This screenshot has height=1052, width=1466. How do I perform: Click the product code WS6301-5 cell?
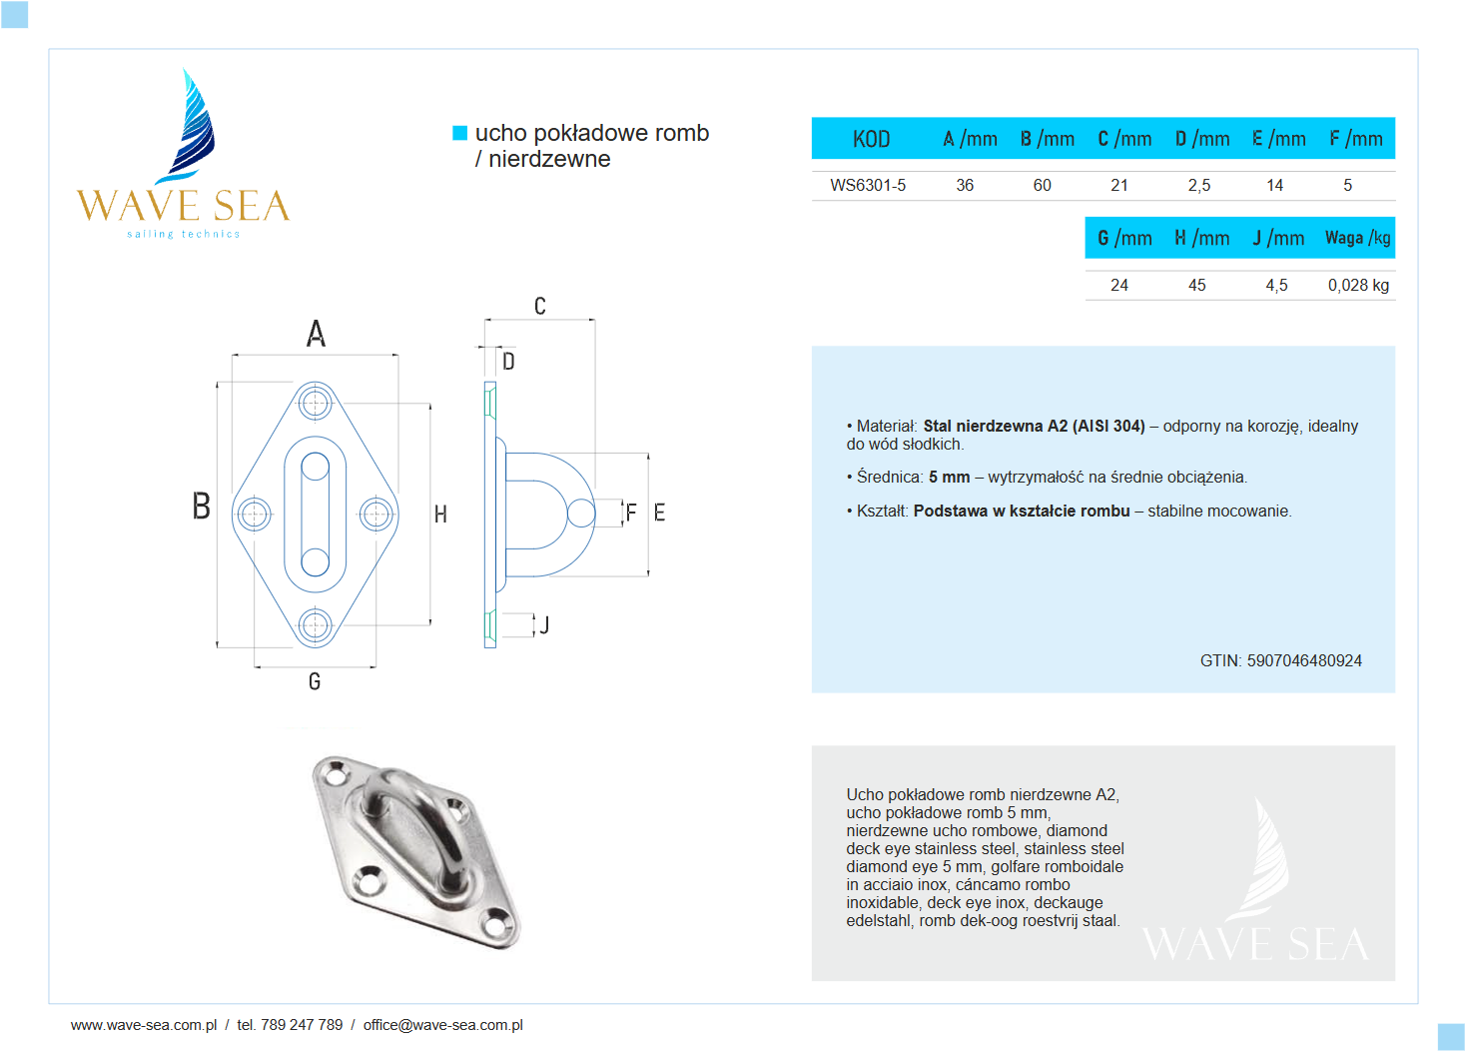[868, 185]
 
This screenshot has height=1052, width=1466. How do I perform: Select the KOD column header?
[871, 139]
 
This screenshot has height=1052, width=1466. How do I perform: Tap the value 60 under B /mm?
[1042, 185]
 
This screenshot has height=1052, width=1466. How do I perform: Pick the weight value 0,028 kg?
[1358, 285]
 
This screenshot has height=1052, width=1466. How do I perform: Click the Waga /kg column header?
[1357, 238]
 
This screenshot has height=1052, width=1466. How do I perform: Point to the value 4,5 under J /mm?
[1276, 285]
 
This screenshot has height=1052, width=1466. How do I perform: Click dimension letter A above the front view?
[316, 333]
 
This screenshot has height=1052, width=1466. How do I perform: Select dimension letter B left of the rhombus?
[202, 506]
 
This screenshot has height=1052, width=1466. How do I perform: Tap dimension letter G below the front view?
[315, 681]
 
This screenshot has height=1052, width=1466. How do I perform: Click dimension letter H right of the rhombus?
[440, 515]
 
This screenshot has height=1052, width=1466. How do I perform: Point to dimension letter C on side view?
[540, 306]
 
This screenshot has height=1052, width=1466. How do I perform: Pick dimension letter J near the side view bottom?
[544, 625]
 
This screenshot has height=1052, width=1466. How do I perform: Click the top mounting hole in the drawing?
[316, 404]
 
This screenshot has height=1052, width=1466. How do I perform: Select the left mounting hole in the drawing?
[254, 515]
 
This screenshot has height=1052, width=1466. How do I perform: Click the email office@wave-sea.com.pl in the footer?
[442, 1025]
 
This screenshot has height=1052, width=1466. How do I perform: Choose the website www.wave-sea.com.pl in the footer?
[144, 1025]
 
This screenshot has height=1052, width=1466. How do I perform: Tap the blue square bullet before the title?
[460, 133]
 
